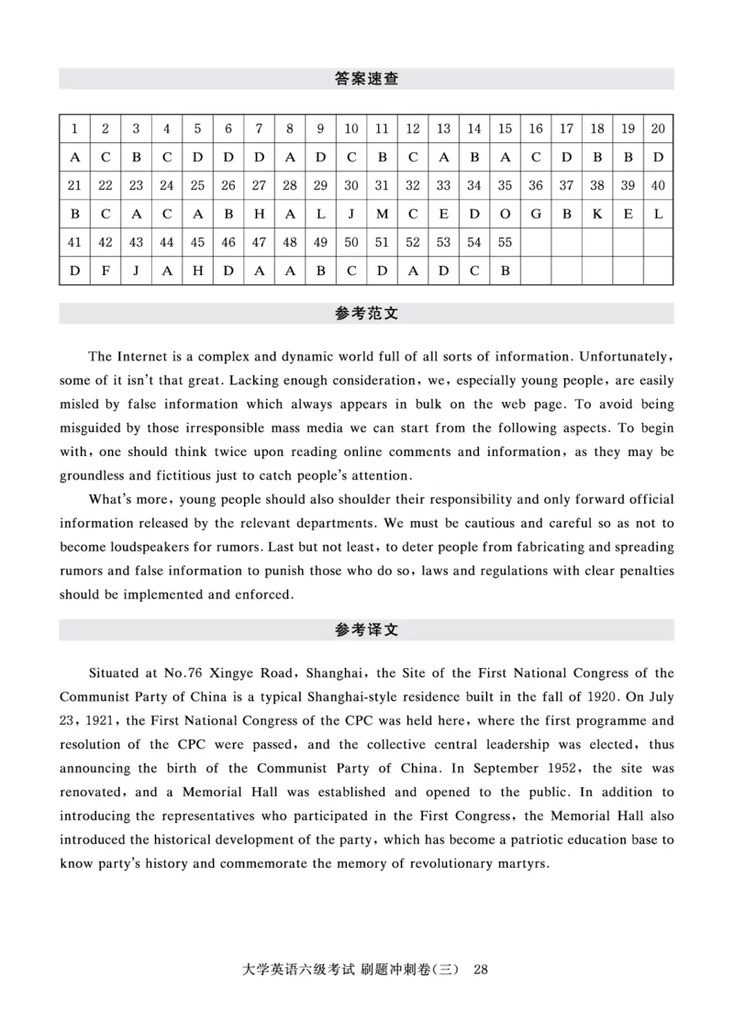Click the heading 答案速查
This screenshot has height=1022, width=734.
point(366,80)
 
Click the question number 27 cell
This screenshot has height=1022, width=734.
point(259,185)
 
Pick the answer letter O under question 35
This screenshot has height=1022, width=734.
point(505,214)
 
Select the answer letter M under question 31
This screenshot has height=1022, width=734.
point(382,214)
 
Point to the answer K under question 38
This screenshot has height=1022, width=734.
point(597,214)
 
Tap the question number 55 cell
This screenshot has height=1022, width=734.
point(505,242)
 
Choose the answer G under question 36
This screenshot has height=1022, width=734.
point(536,214)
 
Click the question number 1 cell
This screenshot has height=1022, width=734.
point(73,128)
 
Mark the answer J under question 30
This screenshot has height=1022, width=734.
point(351,214)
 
